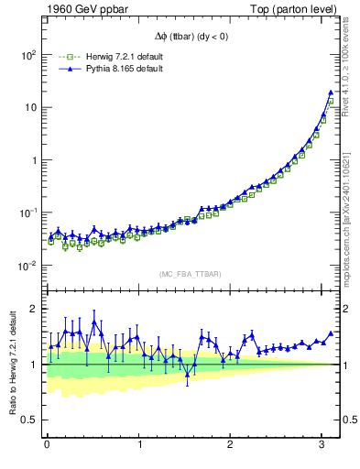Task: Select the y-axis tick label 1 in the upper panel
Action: point(33,160)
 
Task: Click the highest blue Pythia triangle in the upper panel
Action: point(330,93)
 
